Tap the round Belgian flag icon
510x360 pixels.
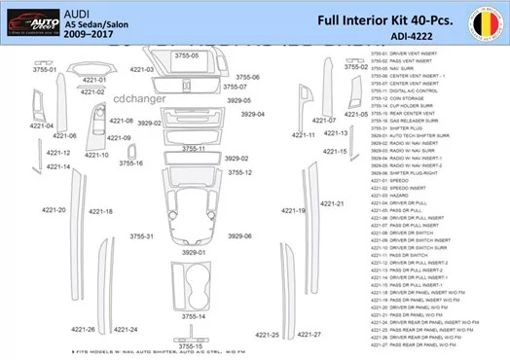(x=484, y=21)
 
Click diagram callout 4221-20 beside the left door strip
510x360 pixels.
(x=54, y=210)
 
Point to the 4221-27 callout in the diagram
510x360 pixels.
(x=309, y=334)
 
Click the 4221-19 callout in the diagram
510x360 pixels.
(x=294, y=210)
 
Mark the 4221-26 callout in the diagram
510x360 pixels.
(x=87, y=330)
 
